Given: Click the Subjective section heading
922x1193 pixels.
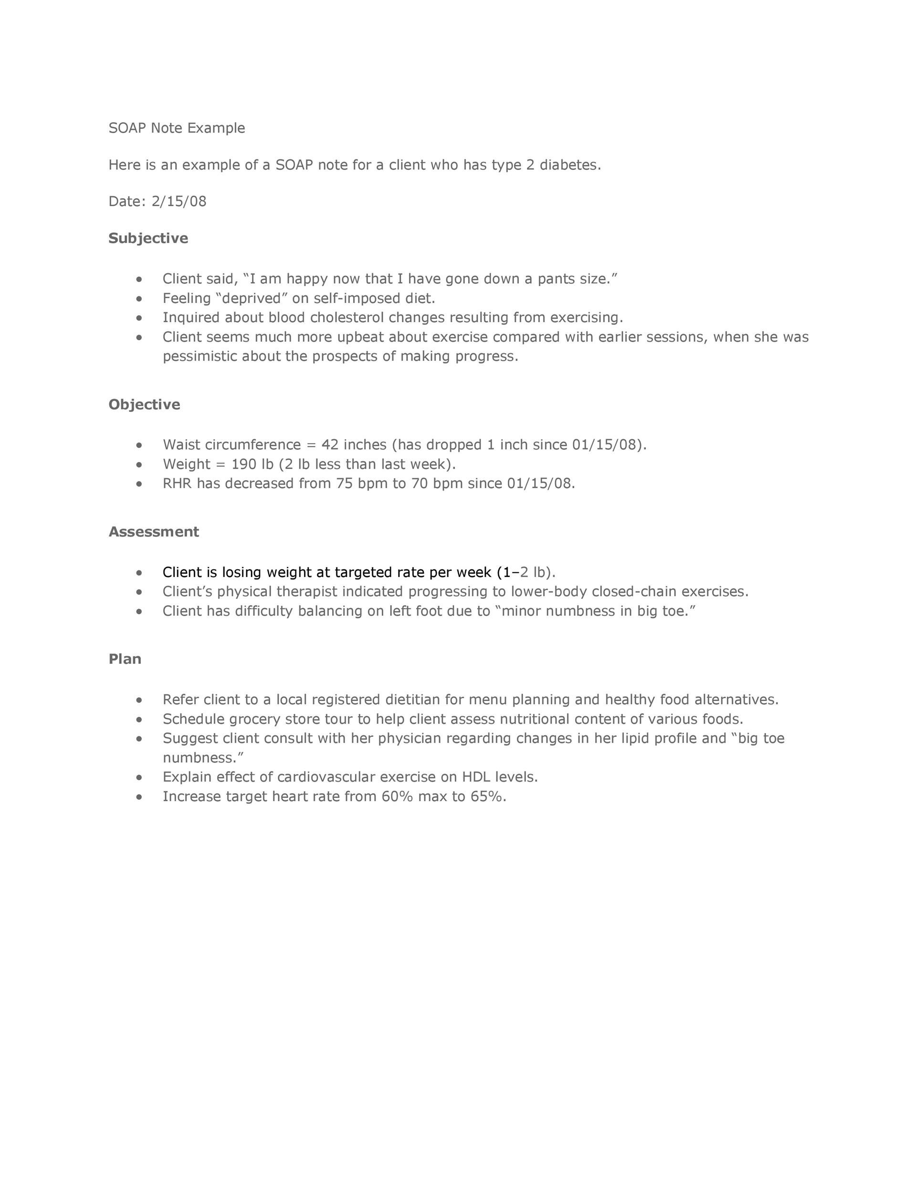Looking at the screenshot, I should (148, 238).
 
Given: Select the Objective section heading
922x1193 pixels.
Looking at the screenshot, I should (144, 404).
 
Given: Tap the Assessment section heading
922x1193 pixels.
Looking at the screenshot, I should (154, 532).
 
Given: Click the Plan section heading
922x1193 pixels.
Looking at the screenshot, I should (125, 659).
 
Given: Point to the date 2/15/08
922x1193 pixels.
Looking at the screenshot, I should (179, 201).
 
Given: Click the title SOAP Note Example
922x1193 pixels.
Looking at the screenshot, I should (177, 128).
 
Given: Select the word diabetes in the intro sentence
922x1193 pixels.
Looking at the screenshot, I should (569, 165).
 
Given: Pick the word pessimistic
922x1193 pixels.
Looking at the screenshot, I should (200, 356).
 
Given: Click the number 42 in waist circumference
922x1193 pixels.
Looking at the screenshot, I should (330, 445).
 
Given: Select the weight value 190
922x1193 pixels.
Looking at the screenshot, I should (243, 464).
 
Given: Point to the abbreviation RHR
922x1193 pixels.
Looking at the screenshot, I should (177, 483).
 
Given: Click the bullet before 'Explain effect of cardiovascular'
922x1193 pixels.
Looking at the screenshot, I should (139, 777).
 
